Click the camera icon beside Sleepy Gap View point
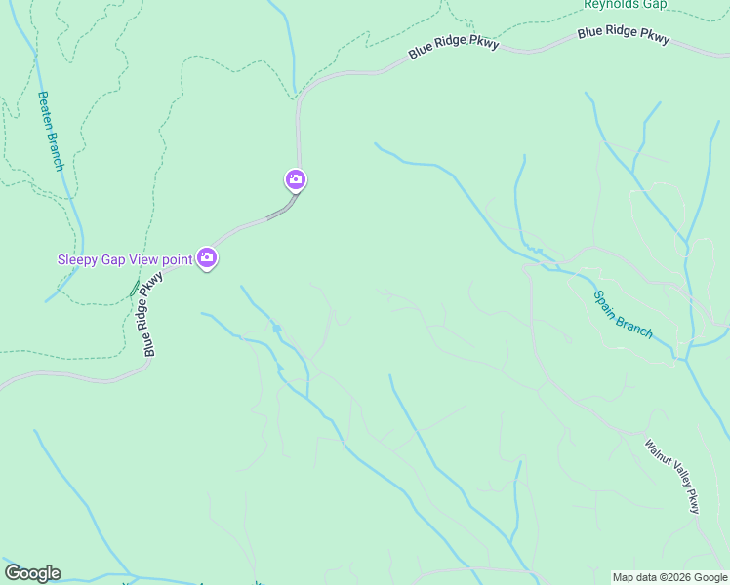[x=206, y=257]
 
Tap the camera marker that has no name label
[x=296, y=179]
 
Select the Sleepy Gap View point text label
[x=125, y=258]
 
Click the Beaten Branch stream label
[x=50, y=131]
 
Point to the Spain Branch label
[x=623, y=315]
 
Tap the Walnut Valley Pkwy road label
[x=672, y=476]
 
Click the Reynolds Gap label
[x=625, y=4]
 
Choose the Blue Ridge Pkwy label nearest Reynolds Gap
[x=624, y=33]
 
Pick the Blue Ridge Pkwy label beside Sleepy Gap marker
[x=151, y=314]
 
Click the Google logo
[x=32, y=573]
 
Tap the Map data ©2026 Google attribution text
[x=669, y=577]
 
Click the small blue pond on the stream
[x=277, y=329]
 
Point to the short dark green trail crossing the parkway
[x=135, y=289]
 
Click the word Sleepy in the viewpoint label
[x=78, y=258]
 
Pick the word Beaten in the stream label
[x=45, y=110]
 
